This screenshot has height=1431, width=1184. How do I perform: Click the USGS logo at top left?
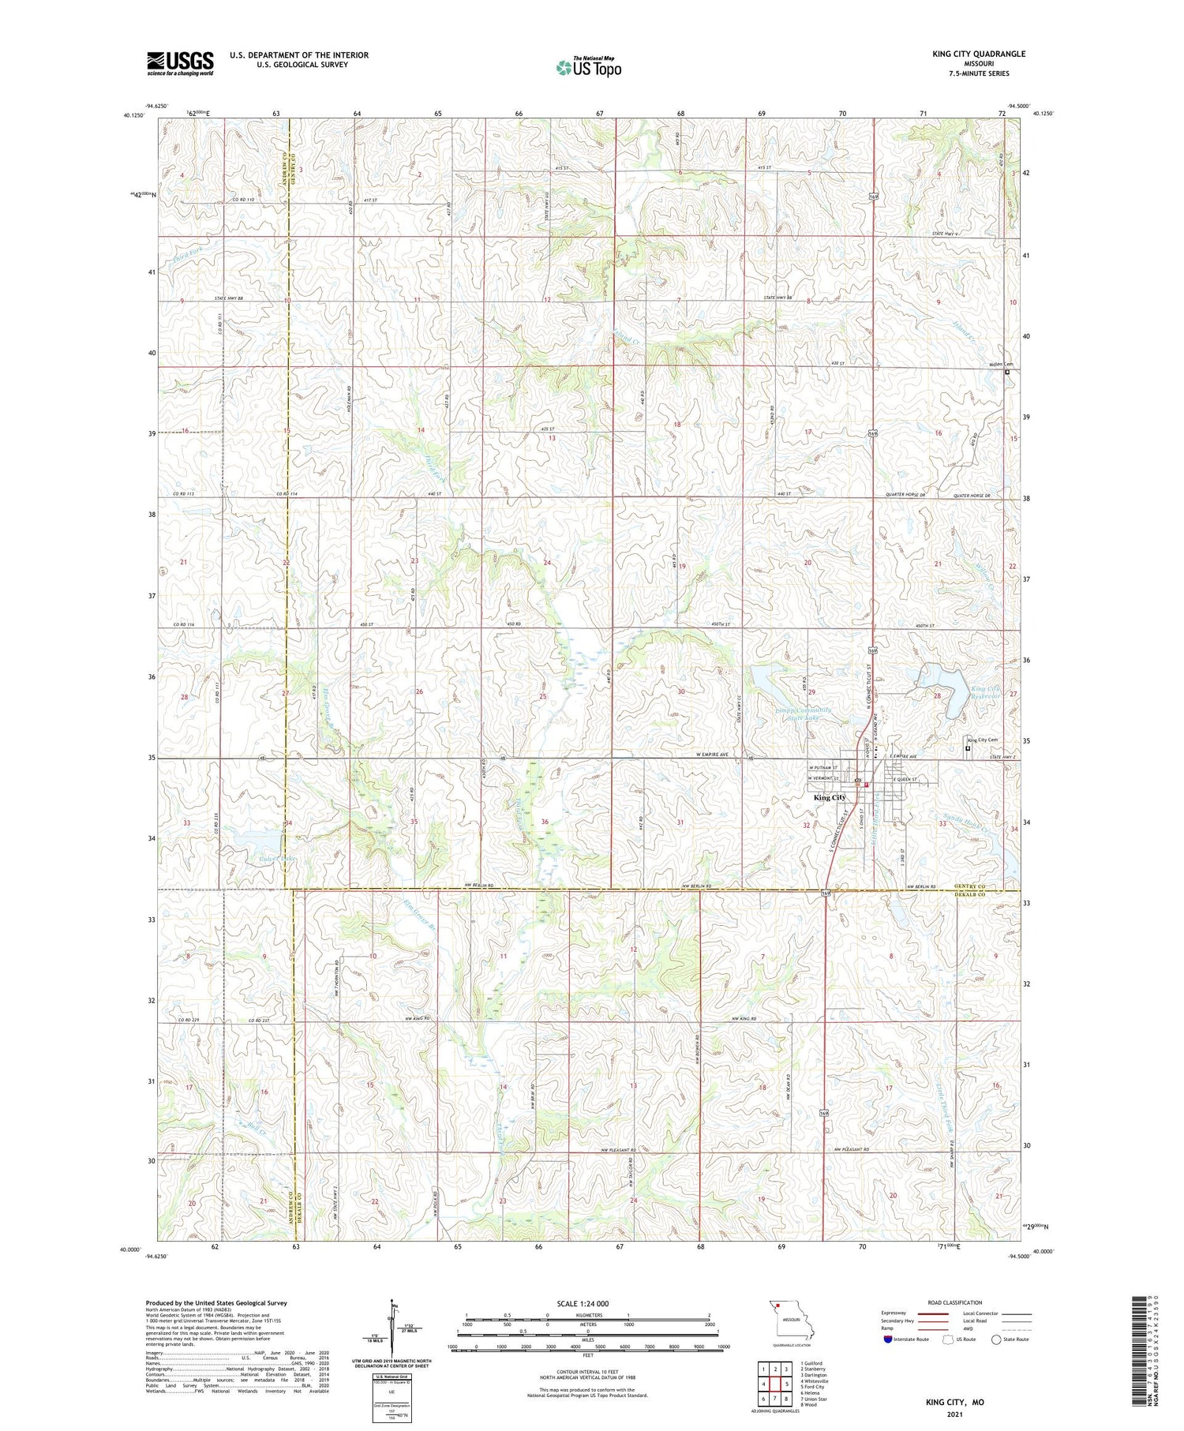click(x=180, y=63)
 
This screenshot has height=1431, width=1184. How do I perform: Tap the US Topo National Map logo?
click(x=588, y=68)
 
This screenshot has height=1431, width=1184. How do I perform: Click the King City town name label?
click(x=830, y=798)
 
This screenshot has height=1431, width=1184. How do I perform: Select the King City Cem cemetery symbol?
click(x=969, y=748)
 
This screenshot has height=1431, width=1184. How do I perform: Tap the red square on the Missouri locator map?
click(x=777, y=1305)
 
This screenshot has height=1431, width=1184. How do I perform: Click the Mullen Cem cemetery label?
click(x=1001, y=365)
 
